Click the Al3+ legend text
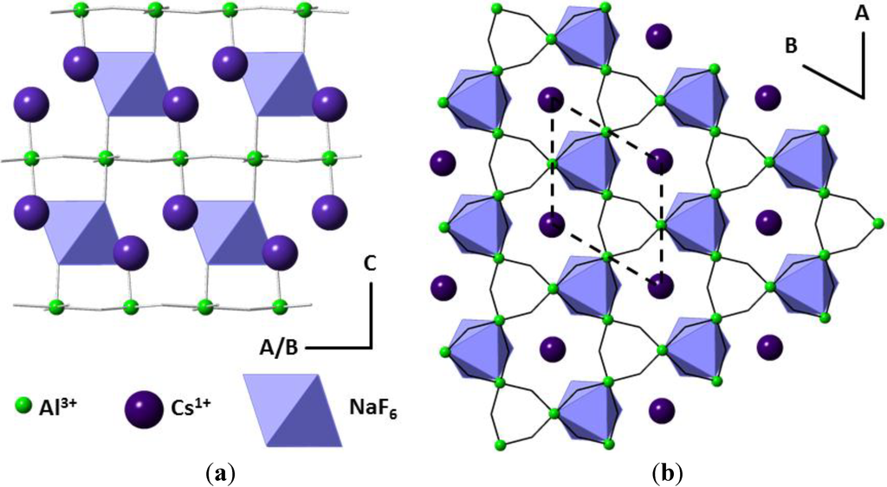(61, 404)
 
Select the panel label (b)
(666, 473)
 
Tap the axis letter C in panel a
(369, 266)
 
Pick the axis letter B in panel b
(791, 48)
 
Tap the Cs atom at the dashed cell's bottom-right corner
(661, 285)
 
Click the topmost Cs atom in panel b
(660, 35)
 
